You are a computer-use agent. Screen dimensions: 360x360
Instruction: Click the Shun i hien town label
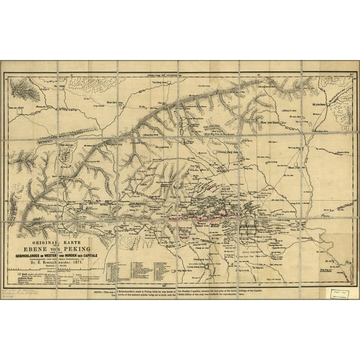tap(300, 164)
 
